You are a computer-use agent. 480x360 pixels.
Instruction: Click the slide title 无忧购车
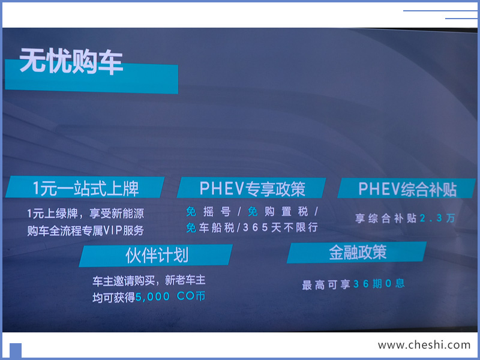pyautogui.click(x=71, y=61)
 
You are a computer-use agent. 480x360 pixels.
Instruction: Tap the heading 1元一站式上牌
pyautogui.click(x=86, y=188)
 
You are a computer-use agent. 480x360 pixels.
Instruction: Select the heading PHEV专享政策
pyautogui.click(x=252, y=188)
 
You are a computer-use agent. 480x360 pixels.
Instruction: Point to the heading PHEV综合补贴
pyautogui.click(x=407, y=189)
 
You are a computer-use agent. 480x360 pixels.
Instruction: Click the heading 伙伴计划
pyautogui.click(x=157, y=256)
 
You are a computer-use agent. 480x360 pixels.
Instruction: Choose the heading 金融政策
pyautogui.click(x=358, y=252)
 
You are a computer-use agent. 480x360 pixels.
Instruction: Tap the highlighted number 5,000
pyautogui.click(x=152, y=296)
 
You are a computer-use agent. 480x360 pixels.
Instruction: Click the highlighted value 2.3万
pyautogui.click(x=437, y=218)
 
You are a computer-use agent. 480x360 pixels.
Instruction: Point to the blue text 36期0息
pyautogui.click(x=379, y=284)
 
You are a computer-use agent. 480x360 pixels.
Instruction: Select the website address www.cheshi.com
pyautogui.click(x=424, y=345)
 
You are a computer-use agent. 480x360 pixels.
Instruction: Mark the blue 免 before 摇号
pyautogui.click(x=191, y=211)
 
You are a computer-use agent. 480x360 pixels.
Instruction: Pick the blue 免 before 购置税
pyautogui.click(x=253, y=211)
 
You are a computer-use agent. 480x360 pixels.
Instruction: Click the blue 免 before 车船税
pyautogui.click(x=191, y=227)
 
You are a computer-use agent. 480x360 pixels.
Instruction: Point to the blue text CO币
pyautogui.click(x=191, y=296)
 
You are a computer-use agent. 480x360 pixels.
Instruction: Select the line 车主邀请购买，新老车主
pyautogui.click(x=149, y=280)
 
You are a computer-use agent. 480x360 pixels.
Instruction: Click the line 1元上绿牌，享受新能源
pyautogui.click(x=85, y=214)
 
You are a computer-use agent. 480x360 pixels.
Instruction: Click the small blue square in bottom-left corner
pyautogui.click(x=16, y=350)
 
